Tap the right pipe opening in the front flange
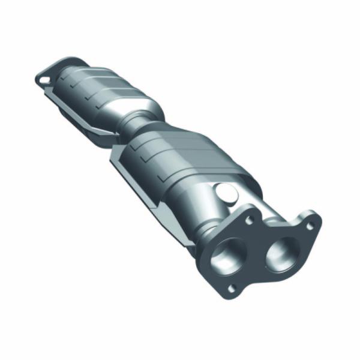tap(278, 249)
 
